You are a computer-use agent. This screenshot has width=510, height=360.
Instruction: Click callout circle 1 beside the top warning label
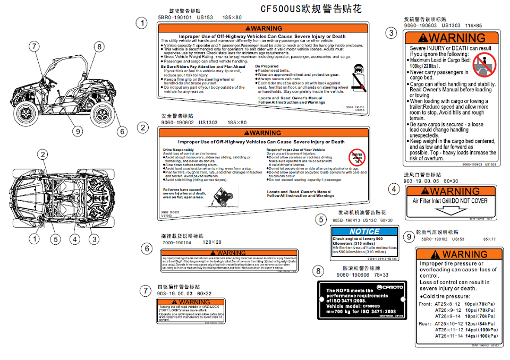[141, 23]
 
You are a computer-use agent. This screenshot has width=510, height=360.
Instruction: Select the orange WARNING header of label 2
[263, 133]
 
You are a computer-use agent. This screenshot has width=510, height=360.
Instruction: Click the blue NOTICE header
[364, 231]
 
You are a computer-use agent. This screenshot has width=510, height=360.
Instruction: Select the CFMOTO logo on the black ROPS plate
[390, 287]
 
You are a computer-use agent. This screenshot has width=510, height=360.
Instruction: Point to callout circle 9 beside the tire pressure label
[408, 237]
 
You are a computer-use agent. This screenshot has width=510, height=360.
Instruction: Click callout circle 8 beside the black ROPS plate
[318, 271]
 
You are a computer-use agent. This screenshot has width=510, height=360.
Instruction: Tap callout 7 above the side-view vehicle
[35, 47]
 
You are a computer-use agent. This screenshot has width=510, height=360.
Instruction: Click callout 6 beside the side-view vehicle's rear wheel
[122, 131]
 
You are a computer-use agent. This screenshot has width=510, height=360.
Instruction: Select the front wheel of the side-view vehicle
[26, 112]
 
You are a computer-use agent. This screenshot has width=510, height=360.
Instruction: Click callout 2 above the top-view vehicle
[42, 155]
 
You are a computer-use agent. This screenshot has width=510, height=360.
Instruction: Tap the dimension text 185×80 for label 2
[237, 123]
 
